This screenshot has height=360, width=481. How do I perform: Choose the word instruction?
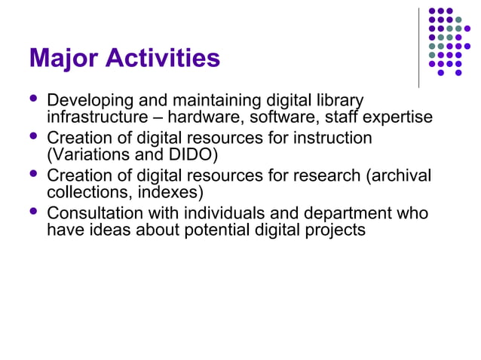pos(332,139)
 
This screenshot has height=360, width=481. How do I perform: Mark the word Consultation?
pos(96,214)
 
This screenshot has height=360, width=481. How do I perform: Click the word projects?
pos(338,230)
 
